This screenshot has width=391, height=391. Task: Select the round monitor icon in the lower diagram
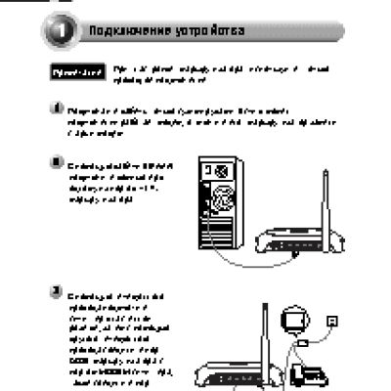[292, 322]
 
